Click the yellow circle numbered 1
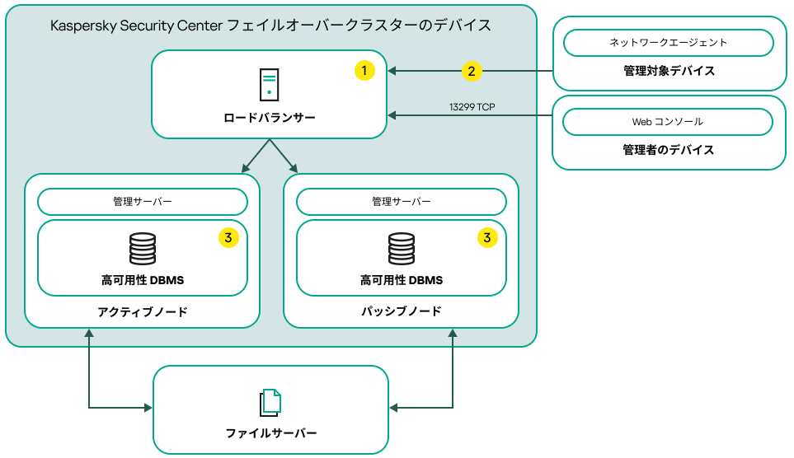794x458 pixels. pos(364,71)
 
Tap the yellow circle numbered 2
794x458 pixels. pos(471,71)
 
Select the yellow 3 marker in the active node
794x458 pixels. pos(228,238)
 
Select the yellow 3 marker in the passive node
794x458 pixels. pos(487,238)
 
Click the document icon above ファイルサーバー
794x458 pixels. pos(270,401)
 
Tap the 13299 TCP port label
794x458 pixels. pos(472,107)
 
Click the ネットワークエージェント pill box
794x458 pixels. pos(668,42)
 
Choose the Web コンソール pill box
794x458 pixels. pos(668,122)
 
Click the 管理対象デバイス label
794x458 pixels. pos(669,71)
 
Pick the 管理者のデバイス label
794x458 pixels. pos(668,150)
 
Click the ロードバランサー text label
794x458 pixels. pos(270,118)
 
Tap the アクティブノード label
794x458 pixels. pos(143,311)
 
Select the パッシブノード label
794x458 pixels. pos(402,311)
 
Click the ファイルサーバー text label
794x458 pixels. pos(270,433)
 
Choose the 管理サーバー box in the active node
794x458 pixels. pos(143,202)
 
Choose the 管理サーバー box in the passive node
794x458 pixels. pos(402,202)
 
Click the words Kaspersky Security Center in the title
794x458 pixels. pos(136,26)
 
